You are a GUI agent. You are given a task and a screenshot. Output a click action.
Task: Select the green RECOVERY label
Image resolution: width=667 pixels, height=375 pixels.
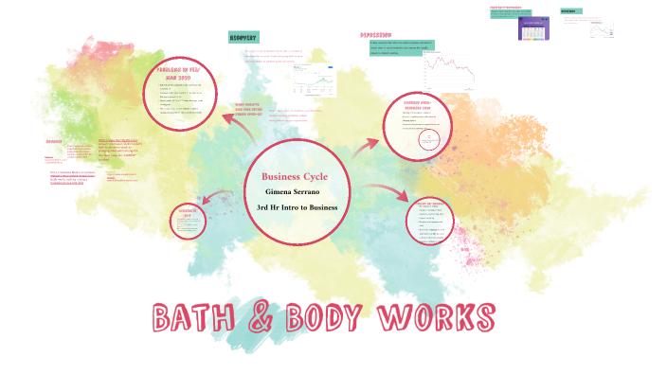(243, 37)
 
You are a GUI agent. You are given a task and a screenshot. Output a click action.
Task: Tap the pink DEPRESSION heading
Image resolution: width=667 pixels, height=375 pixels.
(376, 35)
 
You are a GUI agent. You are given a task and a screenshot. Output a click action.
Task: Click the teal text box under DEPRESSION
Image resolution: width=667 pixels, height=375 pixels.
(402, 48)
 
